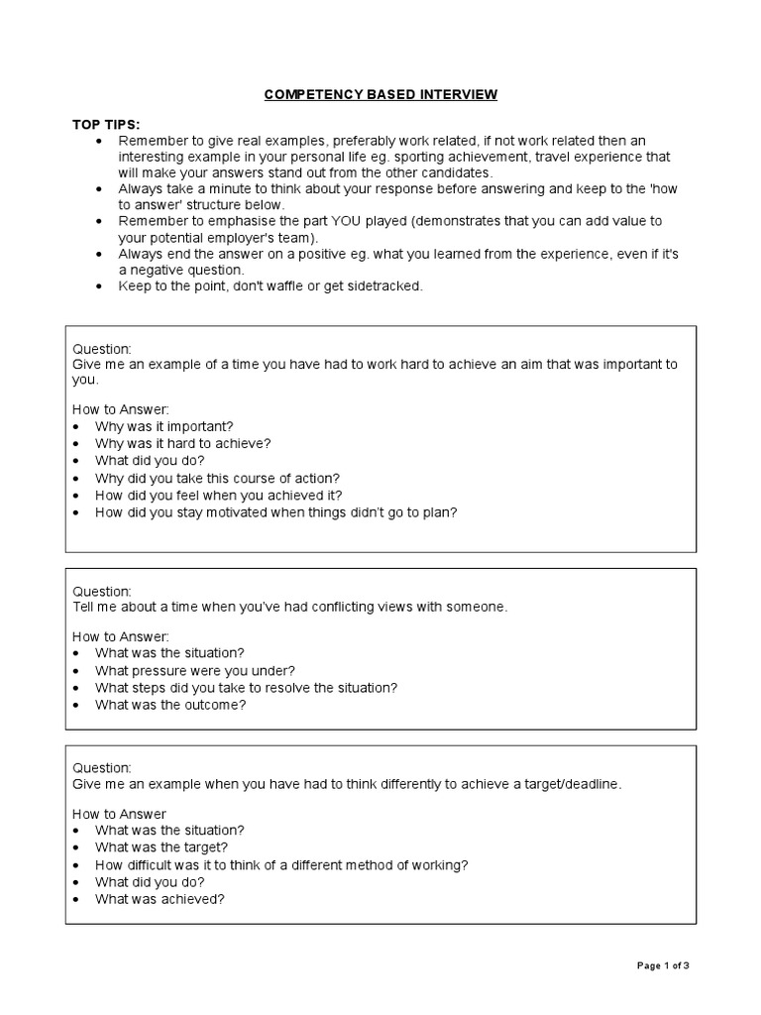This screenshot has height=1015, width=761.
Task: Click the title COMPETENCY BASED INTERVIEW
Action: [x=380, y=95]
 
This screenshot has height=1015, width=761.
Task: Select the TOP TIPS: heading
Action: [x=106, y=125]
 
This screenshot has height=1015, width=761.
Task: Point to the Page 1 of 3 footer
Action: [x=662, y=965]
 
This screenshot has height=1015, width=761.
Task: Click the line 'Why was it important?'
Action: [x=163, y=426]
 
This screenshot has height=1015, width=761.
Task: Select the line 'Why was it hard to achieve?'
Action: [x=182, y=443]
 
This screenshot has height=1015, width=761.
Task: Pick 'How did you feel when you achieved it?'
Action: [x=219, y=495]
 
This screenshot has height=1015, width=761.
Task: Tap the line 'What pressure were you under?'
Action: [x=194, y=670]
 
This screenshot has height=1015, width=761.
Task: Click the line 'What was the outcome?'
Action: [x=169, y=705]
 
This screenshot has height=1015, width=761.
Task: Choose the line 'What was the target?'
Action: [x=162, y=847]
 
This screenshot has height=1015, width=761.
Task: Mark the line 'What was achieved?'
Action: [x=161, y=899]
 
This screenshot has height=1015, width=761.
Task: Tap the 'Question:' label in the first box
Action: [x=102, y=349]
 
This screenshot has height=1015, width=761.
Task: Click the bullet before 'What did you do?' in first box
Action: [x=77, y=461]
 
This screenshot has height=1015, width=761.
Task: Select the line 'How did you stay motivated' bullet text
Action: [x=275, y=512]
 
